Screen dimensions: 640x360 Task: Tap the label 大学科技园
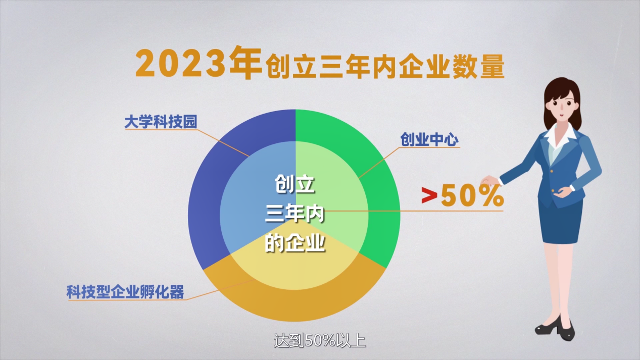[x=161, y=122]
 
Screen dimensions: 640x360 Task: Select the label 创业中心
[x=429, y=139]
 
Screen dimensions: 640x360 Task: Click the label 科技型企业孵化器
[x=125, y=292]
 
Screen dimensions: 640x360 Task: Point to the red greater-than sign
[x=429, y=195]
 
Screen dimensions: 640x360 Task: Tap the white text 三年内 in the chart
[x=294, y=214]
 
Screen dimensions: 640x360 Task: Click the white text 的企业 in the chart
[x=294, y=243]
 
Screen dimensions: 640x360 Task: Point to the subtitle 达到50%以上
[x=320, y=341]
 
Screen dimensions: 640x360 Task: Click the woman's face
[x=561, y=106]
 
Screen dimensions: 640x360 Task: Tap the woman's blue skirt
[x=560, y=221]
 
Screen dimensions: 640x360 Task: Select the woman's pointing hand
[x=489, y=180]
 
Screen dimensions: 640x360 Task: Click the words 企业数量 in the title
[x=452, y=67]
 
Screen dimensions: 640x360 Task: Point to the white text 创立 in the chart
[x=294, y=184]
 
